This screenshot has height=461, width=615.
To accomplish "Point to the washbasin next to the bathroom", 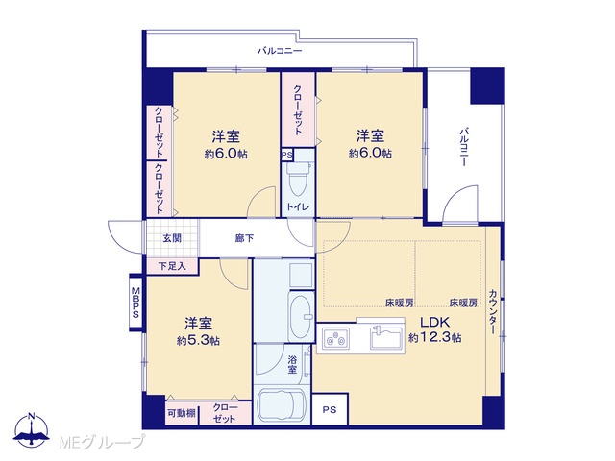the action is (302, 316).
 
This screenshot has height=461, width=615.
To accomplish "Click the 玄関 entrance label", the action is (172, 237).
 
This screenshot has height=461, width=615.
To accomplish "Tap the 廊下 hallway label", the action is (244, 238).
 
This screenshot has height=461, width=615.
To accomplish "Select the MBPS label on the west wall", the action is (135, 303).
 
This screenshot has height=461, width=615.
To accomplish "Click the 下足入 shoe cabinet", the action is (172, 267).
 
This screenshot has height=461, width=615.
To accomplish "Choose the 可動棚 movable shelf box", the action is (182, 413).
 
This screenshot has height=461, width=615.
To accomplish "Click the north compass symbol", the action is (32, 430).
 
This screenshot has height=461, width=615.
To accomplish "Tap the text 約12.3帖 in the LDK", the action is (434, 337).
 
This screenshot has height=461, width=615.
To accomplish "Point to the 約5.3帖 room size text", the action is (198, 340).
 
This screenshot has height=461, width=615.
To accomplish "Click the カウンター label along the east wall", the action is (493, 312).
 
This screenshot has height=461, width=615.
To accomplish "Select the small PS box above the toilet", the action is (286, 155).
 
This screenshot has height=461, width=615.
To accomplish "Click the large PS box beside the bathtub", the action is (330, 410).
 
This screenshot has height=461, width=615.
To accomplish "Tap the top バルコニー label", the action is (280, 51).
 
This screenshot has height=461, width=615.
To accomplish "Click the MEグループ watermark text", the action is (102, 443).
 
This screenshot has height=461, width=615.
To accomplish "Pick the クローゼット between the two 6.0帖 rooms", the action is (298, 109).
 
